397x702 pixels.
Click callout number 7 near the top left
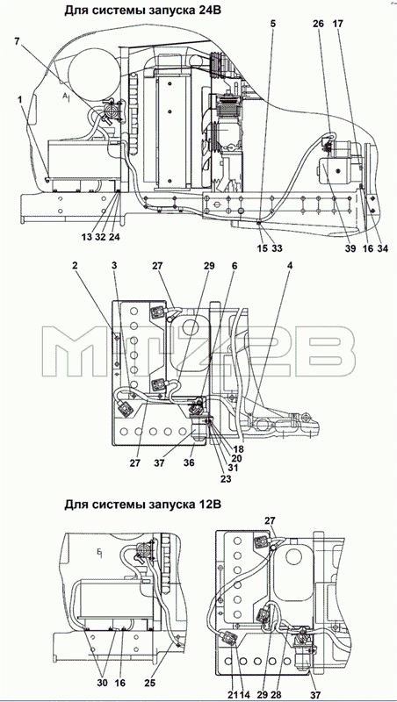pos(17,41)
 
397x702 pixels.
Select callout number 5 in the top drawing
pos(273,24)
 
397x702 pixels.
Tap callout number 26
pos(318,24)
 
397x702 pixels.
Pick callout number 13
pos(86,237)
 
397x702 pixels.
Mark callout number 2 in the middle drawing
pos(75,266)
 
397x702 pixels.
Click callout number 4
pos(291,266)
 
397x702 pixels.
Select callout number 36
pos(189,462)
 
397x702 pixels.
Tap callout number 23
pos(226,478)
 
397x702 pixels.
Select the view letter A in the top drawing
pos(65,96)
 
